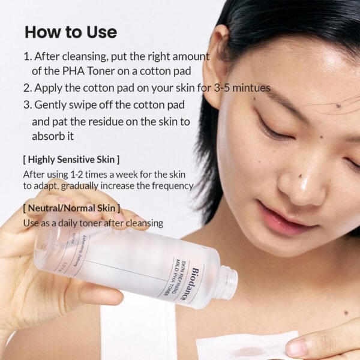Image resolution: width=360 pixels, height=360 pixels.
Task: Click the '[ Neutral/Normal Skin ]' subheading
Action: [x=71, y=208]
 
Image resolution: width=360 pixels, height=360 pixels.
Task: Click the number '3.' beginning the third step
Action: [x=28, y=104]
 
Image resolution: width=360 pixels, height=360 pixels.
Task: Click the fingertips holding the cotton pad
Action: [x=312, y=347]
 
